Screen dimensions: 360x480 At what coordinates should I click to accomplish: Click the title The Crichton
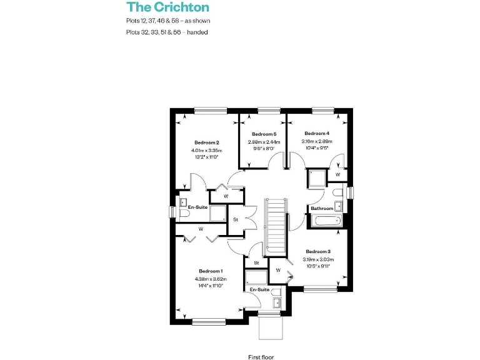167,7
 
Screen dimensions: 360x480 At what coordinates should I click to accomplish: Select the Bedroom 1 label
211,271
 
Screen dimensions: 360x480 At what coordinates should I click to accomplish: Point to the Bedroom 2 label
206,142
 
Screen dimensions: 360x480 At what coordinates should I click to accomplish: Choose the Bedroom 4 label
317,133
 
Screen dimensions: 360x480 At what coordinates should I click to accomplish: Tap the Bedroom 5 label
264,134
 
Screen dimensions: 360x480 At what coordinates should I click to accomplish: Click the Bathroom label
322,208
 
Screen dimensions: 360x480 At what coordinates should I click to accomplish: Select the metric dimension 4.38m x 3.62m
211,279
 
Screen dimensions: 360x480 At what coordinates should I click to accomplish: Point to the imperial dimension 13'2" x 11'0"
206,157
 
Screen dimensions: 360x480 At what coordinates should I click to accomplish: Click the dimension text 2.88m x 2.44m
264,142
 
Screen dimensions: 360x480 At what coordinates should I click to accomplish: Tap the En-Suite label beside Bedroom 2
197,207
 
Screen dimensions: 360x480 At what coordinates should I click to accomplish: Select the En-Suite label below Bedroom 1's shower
260,290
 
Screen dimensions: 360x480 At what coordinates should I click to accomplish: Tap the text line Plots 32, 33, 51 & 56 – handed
166,32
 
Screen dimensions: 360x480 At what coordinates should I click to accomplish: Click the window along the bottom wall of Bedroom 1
209,322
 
